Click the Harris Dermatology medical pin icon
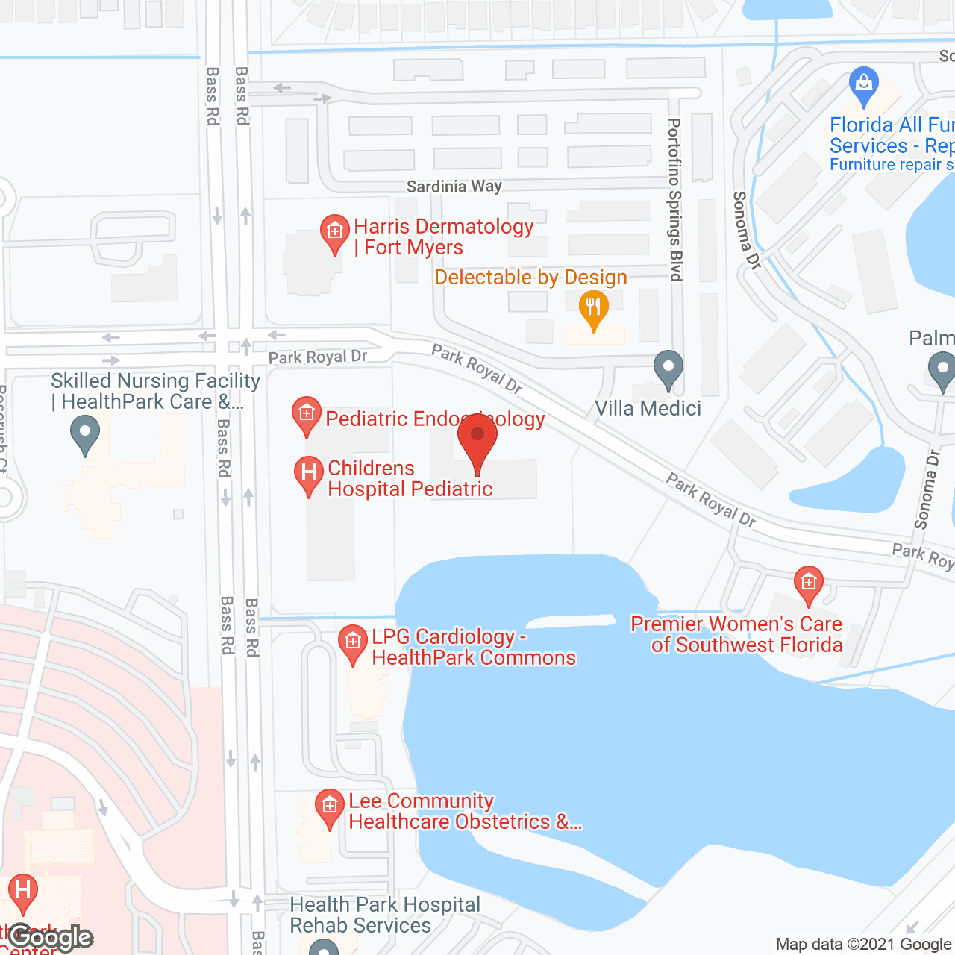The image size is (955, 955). point(335,233)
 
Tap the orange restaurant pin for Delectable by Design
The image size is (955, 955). point(593,309)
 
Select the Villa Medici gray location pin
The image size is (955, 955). point(668,369)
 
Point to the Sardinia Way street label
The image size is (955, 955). point(454,186)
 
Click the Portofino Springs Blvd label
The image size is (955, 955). point(675,200)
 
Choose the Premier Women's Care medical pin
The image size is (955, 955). point(808,584)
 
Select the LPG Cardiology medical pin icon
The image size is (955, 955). point(352,643)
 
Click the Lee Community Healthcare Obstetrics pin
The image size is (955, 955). point(328,808)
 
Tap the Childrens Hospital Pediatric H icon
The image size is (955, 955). point(308,475)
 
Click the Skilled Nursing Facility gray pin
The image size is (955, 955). point(84,433)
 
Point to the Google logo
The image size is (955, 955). point(51,937)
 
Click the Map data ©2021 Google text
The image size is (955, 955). point(864,945)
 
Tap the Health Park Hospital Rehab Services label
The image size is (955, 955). point(385,915)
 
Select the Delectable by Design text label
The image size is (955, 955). point(530,278)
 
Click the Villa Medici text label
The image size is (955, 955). point(648,409)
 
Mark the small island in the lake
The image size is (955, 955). point(571,621)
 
